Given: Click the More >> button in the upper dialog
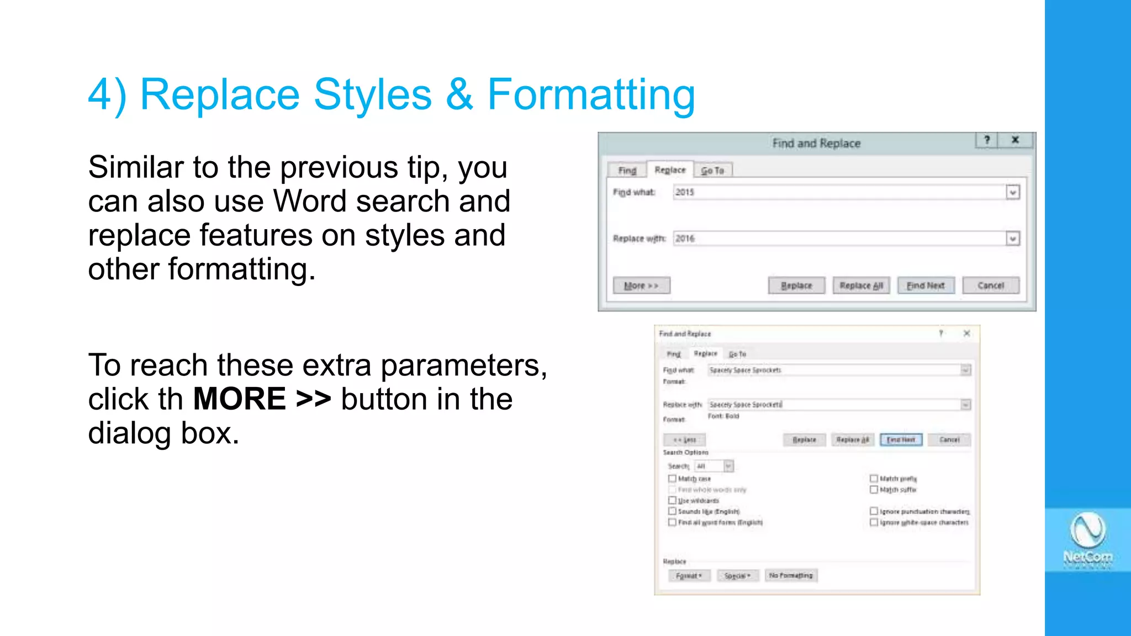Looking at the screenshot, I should pos(641,285).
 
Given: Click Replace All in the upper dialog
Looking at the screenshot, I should pos(861,285).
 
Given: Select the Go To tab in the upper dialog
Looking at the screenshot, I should pos(712,171).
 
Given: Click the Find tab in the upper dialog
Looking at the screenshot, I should pos(627,171).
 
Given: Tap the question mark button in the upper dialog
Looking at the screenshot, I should pos(987,140).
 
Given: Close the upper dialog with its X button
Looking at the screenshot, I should pos(1015,140).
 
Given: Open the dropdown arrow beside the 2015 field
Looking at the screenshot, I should pos(1012,193).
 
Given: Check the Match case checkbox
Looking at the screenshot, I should pos(672,479).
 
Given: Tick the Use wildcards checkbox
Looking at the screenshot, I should pos(672,500).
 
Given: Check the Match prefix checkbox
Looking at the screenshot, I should pos(874,479).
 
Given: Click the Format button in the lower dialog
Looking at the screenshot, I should pos(689,576).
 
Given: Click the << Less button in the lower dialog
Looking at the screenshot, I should pos(684,440).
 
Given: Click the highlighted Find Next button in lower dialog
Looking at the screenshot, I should pos(901,440).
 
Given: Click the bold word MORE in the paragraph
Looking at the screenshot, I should pos(239,399).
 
